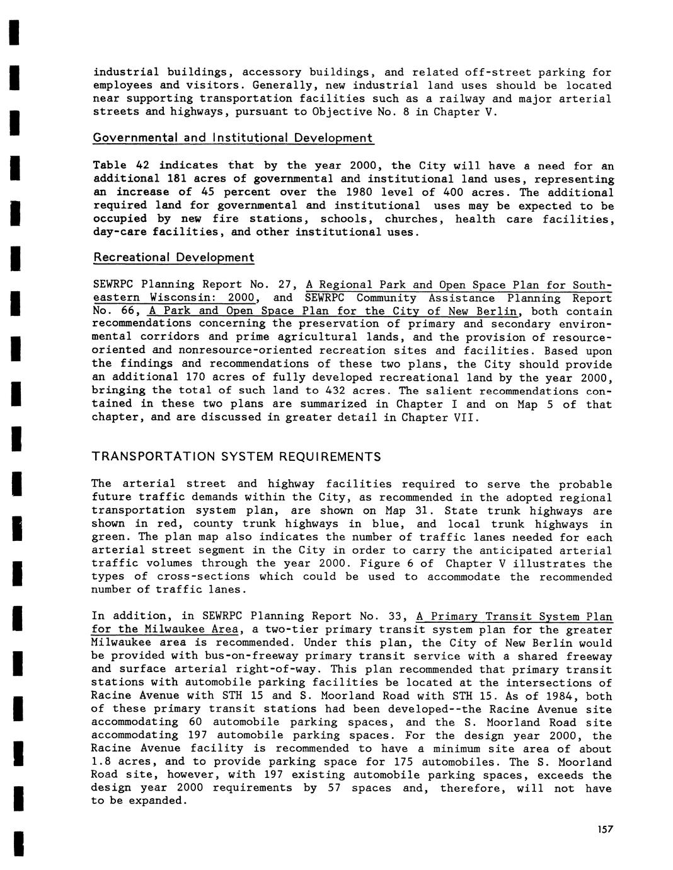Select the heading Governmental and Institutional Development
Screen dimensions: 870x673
(233, 138)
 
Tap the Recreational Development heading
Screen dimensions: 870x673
(173, 258)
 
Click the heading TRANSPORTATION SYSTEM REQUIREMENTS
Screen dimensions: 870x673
(236, 456)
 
